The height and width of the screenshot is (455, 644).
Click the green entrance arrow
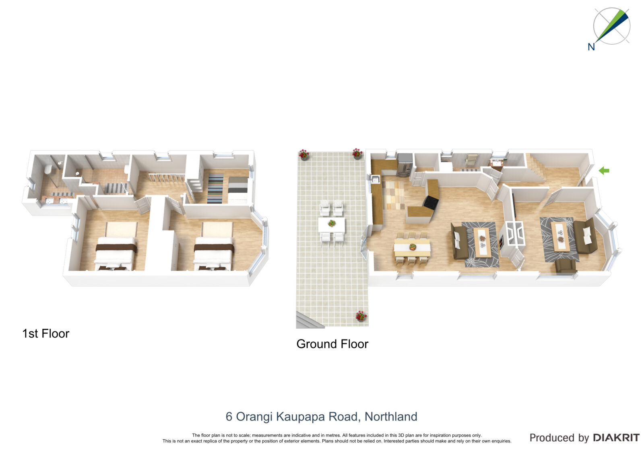click(x=604, y=171)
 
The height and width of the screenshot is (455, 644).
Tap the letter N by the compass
click(x=591, y=47)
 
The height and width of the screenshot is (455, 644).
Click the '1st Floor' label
click(x=46, y=334)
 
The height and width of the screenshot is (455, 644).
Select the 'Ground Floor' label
click(x=332, y=344)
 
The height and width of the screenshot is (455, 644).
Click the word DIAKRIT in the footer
click(x=616, y=438)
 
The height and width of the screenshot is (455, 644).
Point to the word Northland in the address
click(x=391, y=416)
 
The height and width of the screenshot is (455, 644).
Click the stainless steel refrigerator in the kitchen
click(x=405, y=165)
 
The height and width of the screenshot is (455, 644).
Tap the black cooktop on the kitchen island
click(x=430, y=202)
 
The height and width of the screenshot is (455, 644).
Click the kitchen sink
click(x=375, y=180)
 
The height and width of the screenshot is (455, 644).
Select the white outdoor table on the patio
click(x=332, y=224)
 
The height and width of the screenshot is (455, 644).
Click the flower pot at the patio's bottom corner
click(x=361, y=316)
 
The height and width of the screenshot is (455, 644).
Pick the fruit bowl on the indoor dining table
click(x=413, y=247)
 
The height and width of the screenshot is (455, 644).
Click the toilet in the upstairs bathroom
click(x=48, y=169)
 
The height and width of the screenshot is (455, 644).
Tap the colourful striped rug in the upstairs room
click(x=215, y=189)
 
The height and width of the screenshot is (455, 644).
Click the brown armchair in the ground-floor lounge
click(x=566, y=266)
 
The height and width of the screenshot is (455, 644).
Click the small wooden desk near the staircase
click(x=497, y=164)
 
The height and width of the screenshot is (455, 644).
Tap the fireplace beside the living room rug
click(x=502, y=242)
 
